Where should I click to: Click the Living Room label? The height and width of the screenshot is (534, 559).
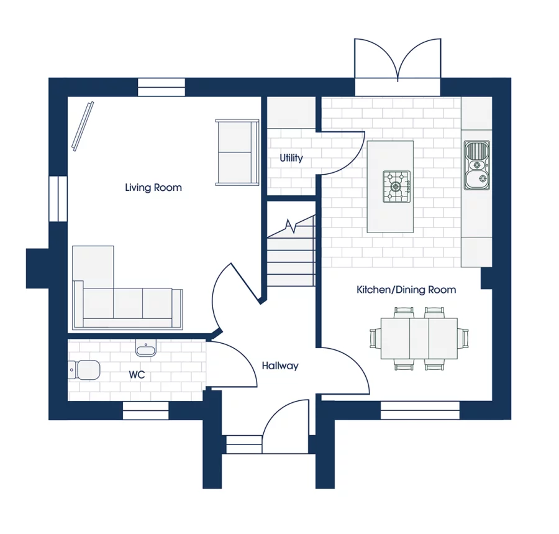tap(153, 188)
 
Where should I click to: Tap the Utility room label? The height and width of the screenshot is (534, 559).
tap(291, 158)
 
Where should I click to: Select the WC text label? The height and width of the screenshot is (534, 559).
tap(137, 375)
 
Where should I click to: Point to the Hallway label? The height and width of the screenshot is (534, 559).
tap(280, 366)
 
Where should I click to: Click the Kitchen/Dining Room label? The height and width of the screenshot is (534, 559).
tap(406, 290)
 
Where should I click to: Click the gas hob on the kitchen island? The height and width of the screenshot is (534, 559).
tap(397, 186)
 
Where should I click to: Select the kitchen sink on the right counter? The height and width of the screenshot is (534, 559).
tap(476, 165)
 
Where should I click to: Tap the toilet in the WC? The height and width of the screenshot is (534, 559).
tap(84, 369)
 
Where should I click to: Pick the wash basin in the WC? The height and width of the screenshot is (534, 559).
tap(146, 348)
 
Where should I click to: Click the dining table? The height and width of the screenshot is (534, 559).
tap(419, 339)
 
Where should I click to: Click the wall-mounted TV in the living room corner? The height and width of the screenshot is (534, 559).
tap(83, 126)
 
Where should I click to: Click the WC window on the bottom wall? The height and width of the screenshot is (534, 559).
tap(145, 410)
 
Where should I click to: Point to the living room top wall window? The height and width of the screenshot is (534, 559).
tap(161, 87)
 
